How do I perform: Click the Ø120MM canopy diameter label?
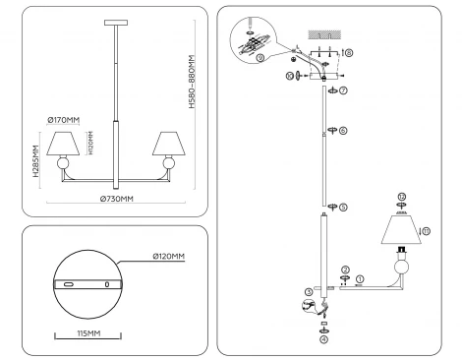pyautogui.click(x=168, y=257)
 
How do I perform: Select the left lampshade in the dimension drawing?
pyautogui.click(x=63, y=143)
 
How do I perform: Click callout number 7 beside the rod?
pyautogui.click(x=344, y=90)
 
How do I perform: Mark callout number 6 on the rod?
pyautogui.click(x=343, y=129)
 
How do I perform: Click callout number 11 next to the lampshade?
pyautogui.click(x=426, y=231)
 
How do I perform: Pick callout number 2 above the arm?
pyautogui.click(x=345, y=269)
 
